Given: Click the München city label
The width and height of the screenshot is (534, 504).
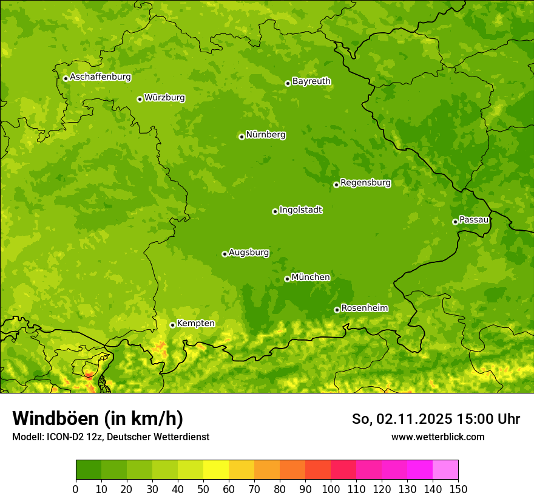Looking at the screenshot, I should click(311, 278).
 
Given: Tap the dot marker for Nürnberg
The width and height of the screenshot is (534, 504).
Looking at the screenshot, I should click(242, 137).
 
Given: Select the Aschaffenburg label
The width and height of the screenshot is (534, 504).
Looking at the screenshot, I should click(100, 77).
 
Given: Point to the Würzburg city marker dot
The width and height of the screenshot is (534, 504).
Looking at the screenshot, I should click(140, 99).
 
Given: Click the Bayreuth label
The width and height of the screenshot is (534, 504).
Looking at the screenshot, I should click(311, 81).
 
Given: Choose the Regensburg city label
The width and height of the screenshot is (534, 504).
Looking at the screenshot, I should click(365, 183).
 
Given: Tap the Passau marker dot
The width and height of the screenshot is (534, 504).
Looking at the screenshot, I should click(455, 222).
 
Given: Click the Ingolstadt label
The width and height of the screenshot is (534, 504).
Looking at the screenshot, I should click(300, 210).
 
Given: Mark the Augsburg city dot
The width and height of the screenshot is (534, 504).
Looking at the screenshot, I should click(225, 254).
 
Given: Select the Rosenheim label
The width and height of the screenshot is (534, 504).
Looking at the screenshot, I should click(364, 308).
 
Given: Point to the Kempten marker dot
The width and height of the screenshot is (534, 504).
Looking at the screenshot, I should click(172, 325).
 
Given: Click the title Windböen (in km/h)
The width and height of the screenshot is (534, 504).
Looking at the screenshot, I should click(98, 418).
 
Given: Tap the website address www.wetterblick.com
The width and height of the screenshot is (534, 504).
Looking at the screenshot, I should click(438, 437).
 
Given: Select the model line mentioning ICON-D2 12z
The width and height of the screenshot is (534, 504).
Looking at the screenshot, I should click(110, 437).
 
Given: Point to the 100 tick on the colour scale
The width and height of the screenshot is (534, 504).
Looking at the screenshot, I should click(331, 489).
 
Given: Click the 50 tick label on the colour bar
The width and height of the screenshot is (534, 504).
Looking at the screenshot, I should click(203, 489).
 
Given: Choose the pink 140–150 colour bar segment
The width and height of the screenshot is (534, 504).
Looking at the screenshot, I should click(445, 470).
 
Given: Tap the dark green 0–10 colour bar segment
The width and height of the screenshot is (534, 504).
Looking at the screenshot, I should click(89, 470).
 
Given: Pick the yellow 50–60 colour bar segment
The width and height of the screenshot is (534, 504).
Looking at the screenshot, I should click(216, 470).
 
